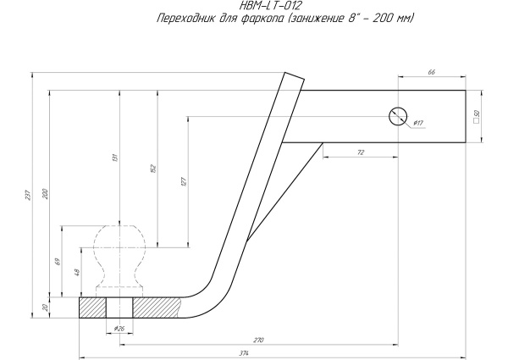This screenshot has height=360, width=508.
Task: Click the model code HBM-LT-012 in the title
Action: tap(255, 5)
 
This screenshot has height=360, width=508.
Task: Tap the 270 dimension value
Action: tap(258, 339)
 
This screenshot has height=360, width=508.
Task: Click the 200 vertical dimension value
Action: tap(45, 195)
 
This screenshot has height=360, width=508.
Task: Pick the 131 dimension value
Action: tap(115, 156)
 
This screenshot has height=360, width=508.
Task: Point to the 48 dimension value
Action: tap(77, 273)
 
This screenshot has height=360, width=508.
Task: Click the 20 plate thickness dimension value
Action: tap(45, 307)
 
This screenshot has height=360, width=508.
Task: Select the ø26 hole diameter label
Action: tap(117, 327)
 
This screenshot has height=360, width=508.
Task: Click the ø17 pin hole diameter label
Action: tap(418, 124)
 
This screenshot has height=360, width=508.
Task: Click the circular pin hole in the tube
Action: tap(396, 117)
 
